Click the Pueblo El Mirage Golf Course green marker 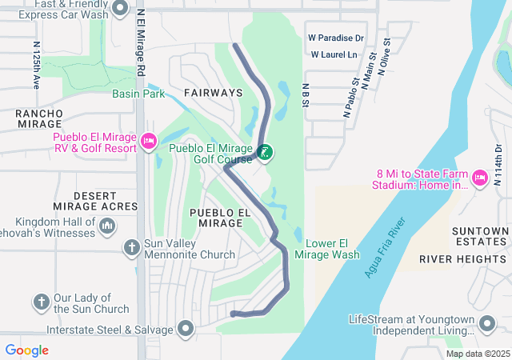click(264, 152)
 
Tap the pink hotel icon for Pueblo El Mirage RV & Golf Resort click(148, 142)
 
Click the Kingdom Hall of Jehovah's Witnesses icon click(106, 227)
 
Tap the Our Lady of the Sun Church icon click(42, 302)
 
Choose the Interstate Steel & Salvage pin click(186, 329)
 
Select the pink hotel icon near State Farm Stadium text click(480, 176)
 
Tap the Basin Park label click(138, 94)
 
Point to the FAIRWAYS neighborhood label click(213, 93)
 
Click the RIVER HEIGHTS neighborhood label click(452, 259)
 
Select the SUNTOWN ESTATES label click(479, 237)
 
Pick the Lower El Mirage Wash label click(327, 249)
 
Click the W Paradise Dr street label click(336, 38)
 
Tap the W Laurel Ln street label click(334, 54)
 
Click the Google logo click(27, 350)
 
